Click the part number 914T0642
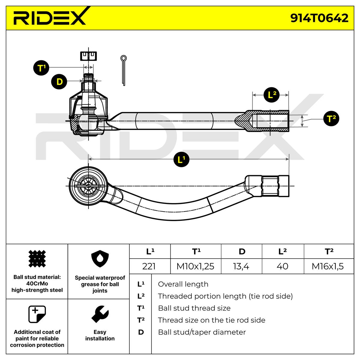click(319, 18)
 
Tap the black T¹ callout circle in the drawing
click(41, 68)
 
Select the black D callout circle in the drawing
click(59, 82)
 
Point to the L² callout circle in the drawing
click(271, 95)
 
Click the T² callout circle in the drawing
click(331, 118)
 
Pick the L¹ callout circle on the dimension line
click(181, 159)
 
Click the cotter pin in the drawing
click(124, 70)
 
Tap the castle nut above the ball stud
click(88, 56)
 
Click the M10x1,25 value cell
click(196, 266)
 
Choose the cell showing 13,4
click(241, 266)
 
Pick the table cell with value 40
click(283, 266)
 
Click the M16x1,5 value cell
click(328, 266)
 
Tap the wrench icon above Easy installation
click(100, 314)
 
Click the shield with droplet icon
click(100, 259)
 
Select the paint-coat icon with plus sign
click(37, 314)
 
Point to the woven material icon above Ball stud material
click(37, 259)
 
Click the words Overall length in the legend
click(183, 284)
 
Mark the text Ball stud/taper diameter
click(202, 332)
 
